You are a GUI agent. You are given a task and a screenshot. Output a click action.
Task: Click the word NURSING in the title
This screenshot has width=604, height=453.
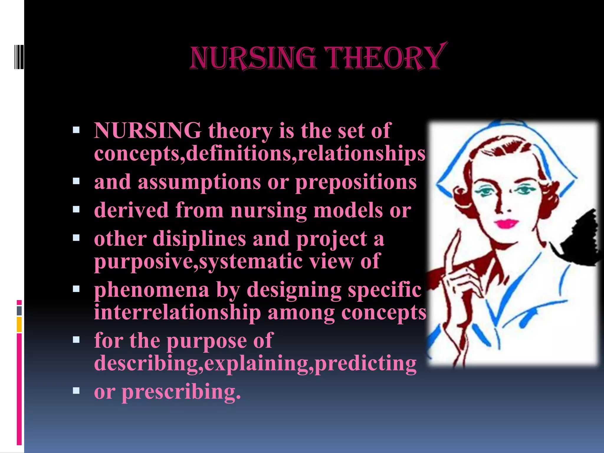click(x=253, y=58)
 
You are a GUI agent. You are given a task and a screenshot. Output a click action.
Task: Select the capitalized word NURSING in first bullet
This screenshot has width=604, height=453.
click(x=147, y=130)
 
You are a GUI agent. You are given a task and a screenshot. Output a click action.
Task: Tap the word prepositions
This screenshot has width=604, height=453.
click(x=356, y=182)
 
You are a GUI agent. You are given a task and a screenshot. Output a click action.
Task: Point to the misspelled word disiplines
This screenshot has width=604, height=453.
click(x=199, y=239)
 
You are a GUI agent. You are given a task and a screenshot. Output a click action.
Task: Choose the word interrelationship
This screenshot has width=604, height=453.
click(x=177, y=312)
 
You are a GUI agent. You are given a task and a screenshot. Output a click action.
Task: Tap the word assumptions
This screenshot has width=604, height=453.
click(x=199, y=182)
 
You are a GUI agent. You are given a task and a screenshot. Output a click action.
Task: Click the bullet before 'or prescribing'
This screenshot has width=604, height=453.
click(x=76, y=391)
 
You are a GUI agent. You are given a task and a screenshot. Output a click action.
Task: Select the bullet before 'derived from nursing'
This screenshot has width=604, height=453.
click(x=76, y=209)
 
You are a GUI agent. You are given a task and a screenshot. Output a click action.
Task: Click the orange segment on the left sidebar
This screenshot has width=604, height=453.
click(x=19, y=324)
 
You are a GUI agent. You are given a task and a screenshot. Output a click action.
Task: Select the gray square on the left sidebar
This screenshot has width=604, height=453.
click(x=19, y=311)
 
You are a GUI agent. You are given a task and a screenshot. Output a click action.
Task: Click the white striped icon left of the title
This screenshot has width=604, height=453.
click(x=18, y=57)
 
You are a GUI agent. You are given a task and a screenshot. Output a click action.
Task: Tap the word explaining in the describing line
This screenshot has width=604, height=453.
click(x=256, y=363)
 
